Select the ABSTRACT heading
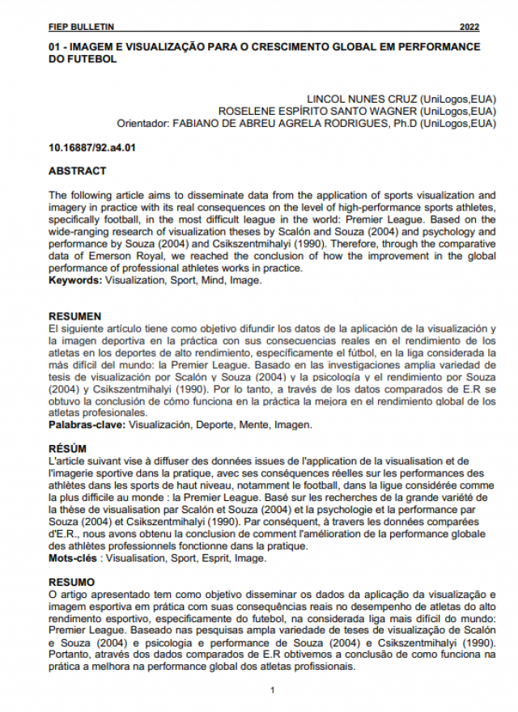77,172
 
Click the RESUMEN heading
75,316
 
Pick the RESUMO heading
71,582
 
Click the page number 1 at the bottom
273,689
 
